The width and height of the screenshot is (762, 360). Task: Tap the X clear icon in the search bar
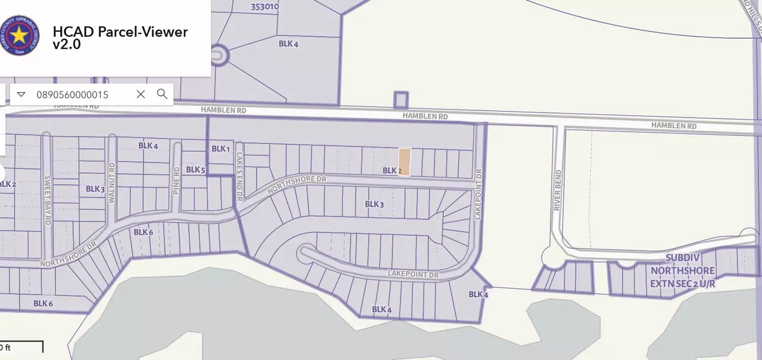tap(141, 94)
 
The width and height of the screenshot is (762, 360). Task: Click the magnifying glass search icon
tap(162, 94)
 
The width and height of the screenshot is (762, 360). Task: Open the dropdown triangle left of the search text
tap(21, 94)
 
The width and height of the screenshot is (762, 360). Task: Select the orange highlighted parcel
tap(404, 162)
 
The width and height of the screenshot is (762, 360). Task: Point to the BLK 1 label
tap(220, 149)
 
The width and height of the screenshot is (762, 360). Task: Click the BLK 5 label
tap(196, 170)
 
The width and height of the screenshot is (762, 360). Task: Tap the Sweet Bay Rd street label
tap(47, 200)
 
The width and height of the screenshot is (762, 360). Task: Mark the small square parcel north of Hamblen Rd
tap(400, 100)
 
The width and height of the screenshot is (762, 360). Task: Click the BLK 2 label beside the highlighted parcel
tap(390, 171)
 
